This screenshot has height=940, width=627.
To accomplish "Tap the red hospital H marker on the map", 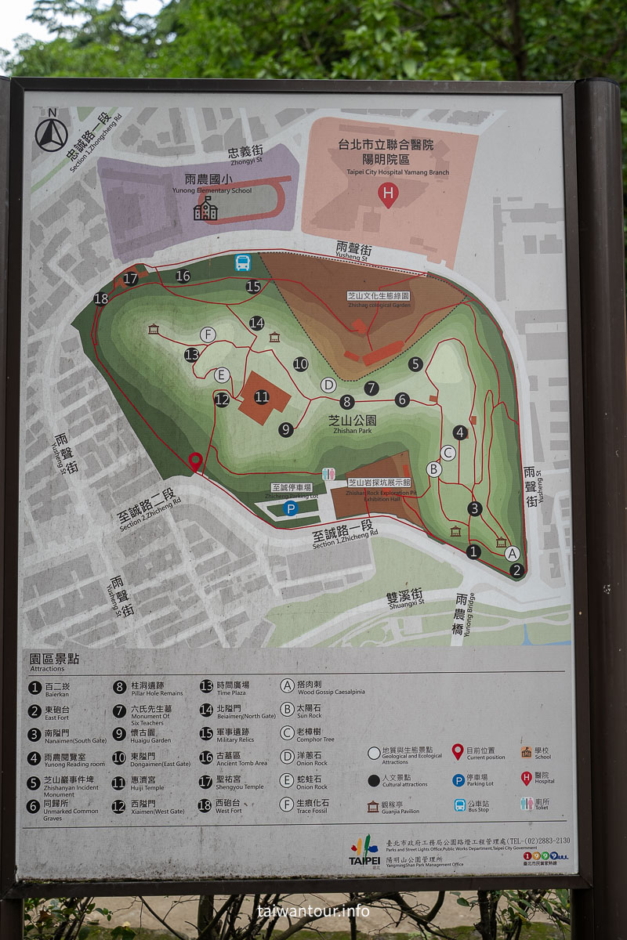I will (388, 194).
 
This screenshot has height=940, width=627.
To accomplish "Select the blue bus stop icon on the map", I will (243, 263).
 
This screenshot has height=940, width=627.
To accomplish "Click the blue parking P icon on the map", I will (291, 508).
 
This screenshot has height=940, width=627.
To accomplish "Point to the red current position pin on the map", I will (195, 461).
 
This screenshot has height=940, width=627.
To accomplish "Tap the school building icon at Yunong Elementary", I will (205, 208).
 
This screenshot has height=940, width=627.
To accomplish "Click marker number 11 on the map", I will (262, 397).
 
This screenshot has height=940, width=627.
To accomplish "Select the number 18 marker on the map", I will (100, 298).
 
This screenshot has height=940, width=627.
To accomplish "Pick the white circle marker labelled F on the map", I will (208, 334).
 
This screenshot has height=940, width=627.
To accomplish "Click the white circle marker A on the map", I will (513, 553).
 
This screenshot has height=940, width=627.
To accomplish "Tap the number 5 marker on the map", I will (415, 363).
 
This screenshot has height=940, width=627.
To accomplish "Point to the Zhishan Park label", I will (352, 425).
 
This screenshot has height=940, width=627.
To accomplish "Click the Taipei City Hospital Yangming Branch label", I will (386, 156).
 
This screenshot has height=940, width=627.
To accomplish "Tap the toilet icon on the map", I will (329, 475).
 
